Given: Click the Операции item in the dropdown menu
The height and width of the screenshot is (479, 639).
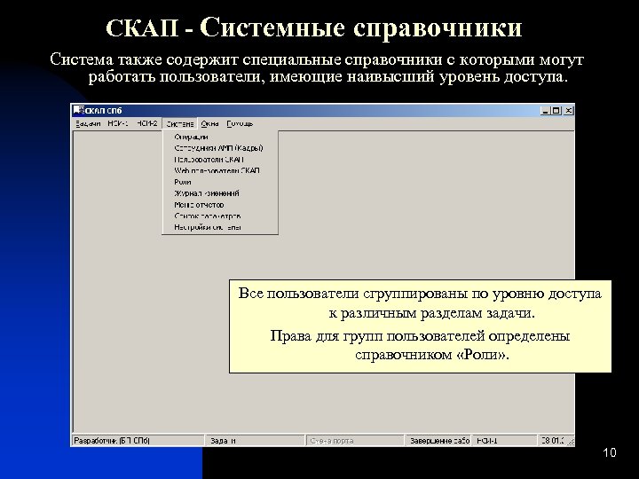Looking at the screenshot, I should [x=191, y=137].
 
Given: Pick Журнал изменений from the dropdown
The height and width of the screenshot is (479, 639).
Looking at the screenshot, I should [x=206, y=192].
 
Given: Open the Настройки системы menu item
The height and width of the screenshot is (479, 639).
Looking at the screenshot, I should [x=207, y=227].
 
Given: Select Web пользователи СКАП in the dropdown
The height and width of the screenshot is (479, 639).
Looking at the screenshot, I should [x=217, y=170].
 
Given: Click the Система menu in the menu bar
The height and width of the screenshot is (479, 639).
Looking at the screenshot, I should [x=180, y=123].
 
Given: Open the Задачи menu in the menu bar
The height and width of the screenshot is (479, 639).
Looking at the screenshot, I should [x=87, y=123].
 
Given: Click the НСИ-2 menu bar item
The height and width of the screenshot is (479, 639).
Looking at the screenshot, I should [x=147, y=123].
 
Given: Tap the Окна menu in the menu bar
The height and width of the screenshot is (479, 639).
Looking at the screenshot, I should [x=209, y=123].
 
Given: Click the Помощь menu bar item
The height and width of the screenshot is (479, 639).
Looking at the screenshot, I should [x=239, y=123].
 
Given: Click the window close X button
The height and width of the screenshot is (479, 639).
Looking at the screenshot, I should [x=569, y=111].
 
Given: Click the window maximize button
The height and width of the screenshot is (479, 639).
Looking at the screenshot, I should [x=557, y=111].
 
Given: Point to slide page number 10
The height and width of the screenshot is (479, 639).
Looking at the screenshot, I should [x=608, y=454].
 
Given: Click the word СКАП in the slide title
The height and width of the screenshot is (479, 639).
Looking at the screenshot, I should [x=143, y=28].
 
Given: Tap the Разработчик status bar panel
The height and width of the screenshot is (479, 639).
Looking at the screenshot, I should [x=112, y=440].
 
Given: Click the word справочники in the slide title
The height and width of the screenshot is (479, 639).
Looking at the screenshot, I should [x=438, y=28].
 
